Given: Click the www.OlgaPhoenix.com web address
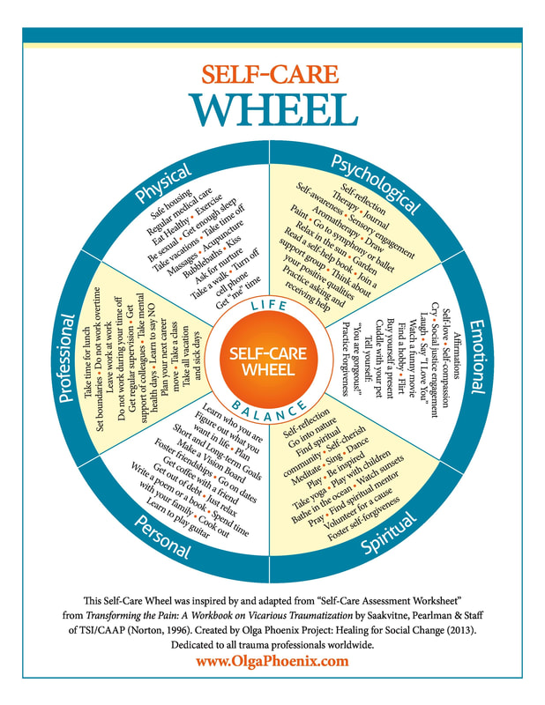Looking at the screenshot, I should pos(272,661).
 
